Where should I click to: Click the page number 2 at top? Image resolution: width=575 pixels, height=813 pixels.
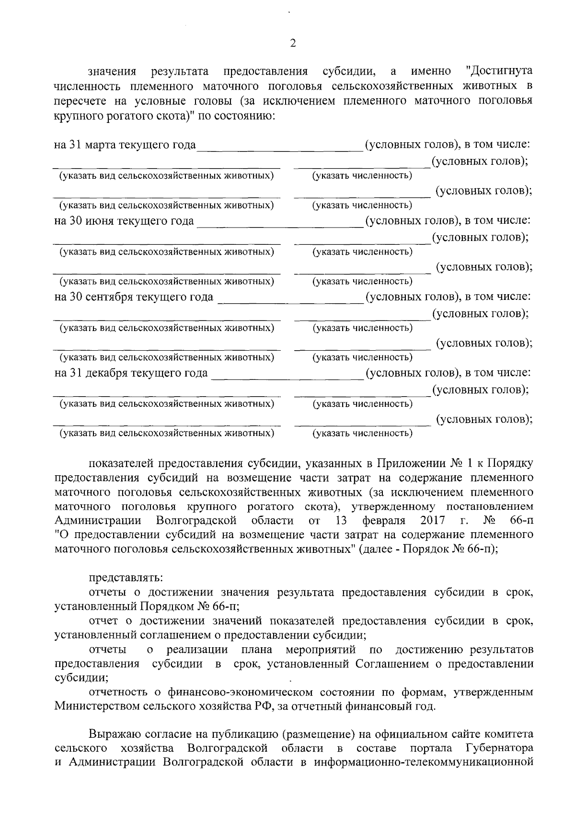[x=293, y=43]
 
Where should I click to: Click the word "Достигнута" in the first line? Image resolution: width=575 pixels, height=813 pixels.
[x=499, y=71]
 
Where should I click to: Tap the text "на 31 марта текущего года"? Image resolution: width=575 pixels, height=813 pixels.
[x=126, y=145]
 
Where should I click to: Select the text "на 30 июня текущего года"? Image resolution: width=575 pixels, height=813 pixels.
[x=125, y=221]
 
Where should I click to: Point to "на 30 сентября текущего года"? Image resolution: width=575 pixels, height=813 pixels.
[x=134, y=297]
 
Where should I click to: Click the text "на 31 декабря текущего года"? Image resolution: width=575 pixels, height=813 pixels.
[x=131, y=373]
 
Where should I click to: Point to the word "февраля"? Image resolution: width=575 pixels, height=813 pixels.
[x=384, y=521]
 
